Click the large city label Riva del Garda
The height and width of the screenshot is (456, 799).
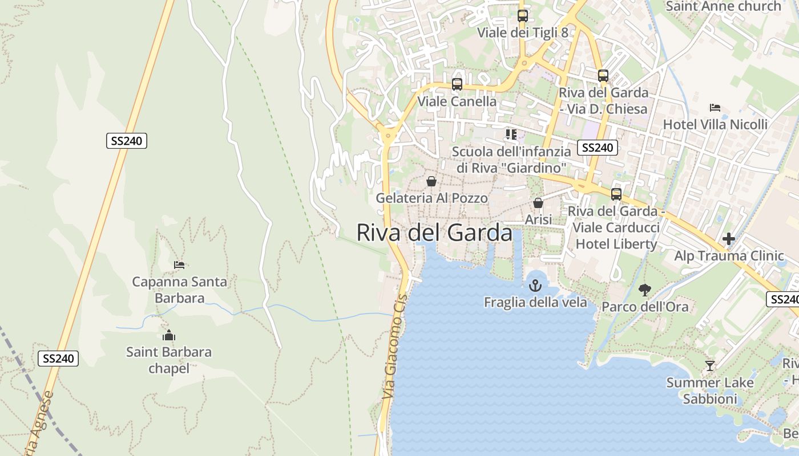click(x=434, y=233)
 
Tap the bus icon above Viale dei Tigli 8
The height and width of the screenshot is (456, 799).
click(x=522, y=16)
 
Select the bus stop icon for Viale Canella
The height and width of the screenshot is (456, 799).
click(x=457, y=84)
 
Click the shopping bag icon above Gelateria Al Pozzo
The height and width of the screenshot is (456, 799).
click(x=431, y=181)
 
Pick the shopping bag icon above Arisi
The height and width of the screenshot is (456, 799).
click(x=538, y=203)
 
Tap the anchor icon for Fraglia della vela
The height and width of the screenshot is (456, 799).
click(x=535, y=285)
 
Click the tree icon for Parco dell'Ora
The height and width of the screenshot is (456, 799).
click(x=645, y=290)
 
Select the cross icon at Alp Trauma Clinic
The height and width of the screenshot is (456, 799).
click(x=729, y=239)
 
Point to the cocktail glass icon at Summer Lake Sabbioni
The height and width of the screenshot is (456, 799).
click(x=710, y=365)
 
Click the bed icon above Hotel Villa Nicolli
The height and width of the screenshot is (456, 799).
click(x=715, y=107)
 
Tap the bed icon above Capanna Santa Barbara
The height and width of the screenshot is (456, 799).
click(x=179, y=264)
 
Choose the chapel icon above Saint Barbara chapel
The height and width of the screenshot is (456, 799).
click(x=168, y=335)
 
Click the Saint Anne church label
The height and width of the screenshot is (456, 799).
click(x=723, y=6)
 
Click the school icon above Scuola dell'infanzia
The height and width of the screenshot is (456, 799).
click(x=511, y=135)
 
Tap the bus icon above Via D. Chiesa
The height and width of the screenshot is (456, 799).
click(x=603, y=75)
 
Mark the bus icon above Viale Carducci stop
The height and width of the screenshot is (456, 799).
click(x=616, y=194)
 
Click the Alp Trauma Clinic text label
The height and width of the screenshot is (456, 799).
click(x=729, y=256)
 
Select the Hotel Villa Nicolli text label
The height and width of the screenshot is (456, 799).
click(x=715, y=124)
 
